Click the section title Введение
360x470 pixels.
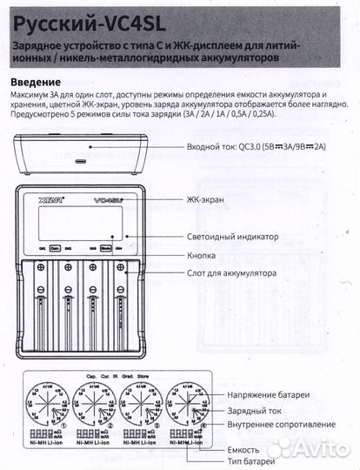(x=38, y=81)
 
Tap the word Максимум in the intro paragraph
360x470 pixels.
(x=36, y=95)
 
